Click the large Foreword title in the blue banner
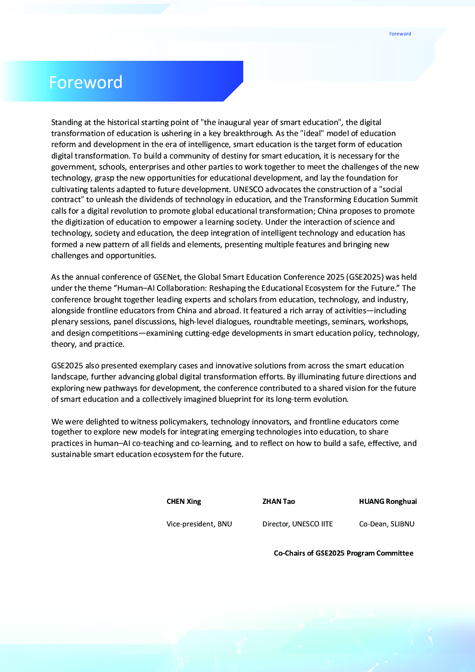86,82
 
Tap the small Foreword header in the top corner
400,34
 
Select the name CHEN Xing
184,501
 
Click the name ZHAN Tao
279,501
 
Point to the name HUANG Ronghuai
388,501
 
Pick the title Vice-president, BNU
199,524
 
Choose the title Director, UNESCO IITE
297,524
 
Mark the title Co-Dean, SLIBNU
386,524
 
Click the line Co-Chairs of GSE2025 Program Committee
343,553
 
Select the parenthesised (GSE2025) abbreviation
365,277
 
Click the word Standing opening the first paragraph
67,123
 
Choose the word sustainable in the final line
71,455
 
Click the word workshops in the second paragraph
388,322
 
